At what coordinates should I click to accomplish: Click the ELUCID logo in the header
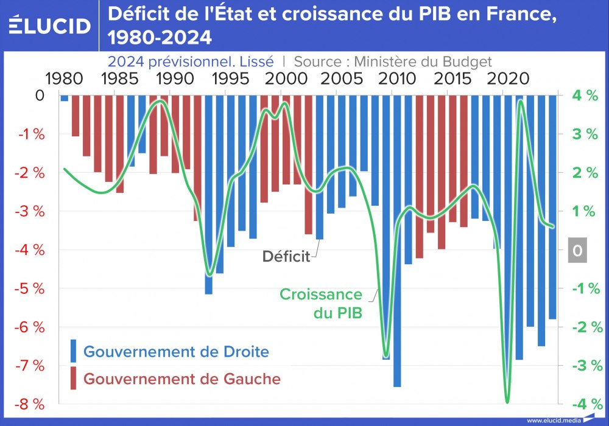click(50, 26)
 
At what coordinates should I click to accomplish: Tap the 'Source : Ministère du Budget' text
click(392, 61)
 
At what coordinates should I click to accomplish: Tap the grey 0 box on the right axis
click(577, 250)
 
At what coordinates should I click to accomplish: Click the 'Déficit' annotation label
click(286, 256)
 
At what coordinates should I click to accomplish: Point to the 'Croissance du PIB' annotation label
click(321, 304)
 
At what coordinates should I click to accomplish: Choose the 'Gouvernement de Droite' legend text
click(176, 352)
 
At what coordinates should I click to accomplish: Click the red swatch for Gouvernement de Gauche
click(73, 378)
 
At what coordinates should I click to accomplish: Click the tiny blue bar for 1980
click(64, 98)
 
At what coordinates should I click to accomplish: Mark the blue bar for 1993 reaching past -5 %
click(208, 195)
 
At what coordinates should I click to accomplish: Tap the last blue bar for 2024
click(552, 207)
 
